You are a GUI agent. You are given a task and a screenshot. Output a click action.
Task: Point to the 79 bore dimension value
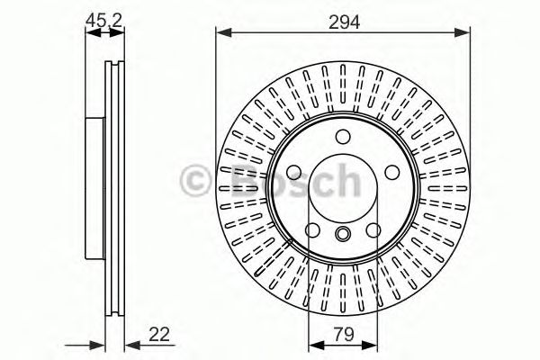pyautogui.click(x=343, y=334)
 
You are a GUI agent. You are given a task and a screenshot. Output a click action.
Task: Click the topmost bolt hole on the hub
pyautogui.click(x=343, y=137)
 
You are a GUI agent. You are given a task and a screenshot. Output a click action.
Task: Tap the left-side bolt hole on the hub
pyautogui.click(x=293, y=174)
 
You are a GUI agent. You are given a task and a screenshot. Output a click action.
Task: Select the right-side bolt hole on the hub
pyautogui.click(x=392, y=174)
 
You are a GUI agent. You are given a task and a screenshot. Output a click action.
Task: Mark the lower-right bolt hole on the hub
pyautogui.click(x=374, y=231)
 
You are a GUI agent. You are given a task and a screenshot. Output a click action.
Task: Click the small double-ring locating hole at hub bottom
pyautogui.click(x=343, y=234)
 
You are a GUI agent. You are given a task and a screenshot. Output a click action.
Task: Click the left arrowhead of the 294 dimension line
pyautogui.click(x=221, y=34)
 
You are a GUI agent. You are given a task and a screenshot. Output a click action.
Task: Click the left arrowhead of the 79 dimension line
pyautogui.click(x=313, y=344)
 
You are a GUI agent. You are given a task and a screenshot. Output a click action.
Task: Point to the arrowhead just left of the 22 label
pyautogui.click(x=129, y=344)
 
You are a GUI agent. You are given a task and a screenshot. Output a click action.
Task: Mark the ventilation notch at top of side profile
pyautogui.click(x=112, y=67)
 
